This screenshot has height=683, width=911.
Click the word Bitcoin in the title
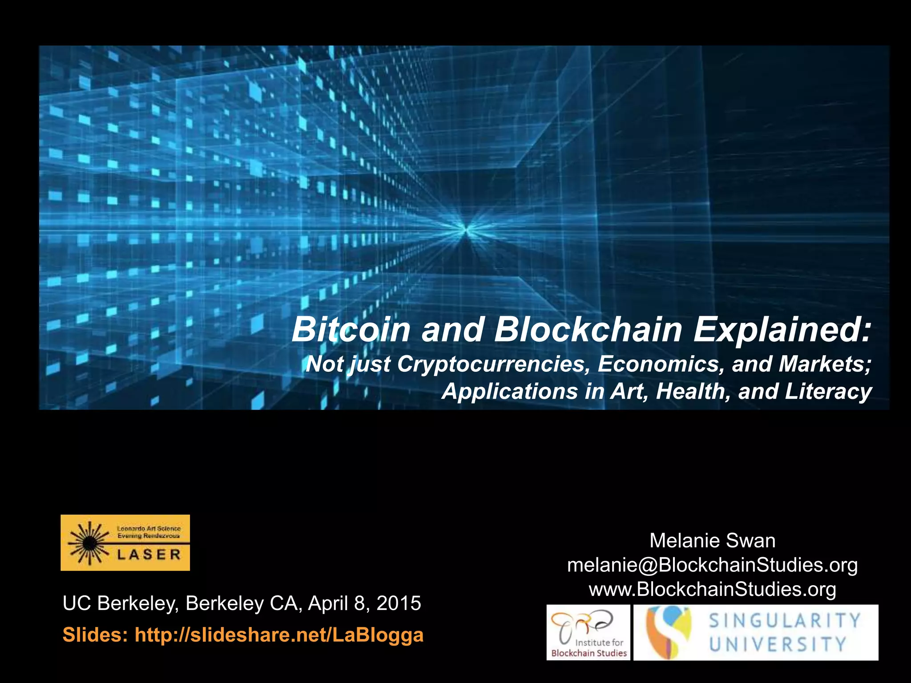[351, 330]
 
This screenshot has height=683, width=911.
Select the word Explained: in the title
[782, 330]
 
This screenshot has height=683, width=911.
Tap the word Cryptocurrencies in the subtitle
[492, 364]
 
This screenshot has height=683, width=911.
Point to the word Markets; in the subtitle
[825, 364]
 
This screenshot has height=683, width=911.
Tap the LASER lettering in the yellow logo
[149, 555]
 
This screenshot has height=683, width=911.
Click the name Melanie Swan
[712, 541]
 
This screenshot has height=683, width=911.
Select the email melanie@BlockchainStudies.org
[712, 565]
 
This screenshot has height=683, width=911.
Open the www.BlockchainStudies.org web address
[712, 589]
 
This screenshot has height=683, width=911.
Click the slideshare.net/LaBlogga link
[279, 635]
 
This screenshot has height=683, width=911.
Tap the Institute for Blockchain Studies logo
[588, 632]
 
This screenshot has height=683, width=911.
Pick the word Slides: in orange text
[95, 635]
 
